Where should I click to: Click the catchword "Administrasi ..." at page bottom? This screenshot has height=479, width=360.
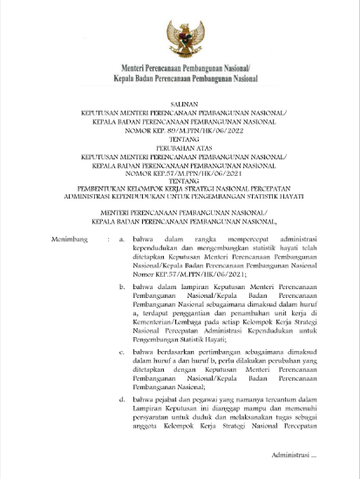tap(295, 454)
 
